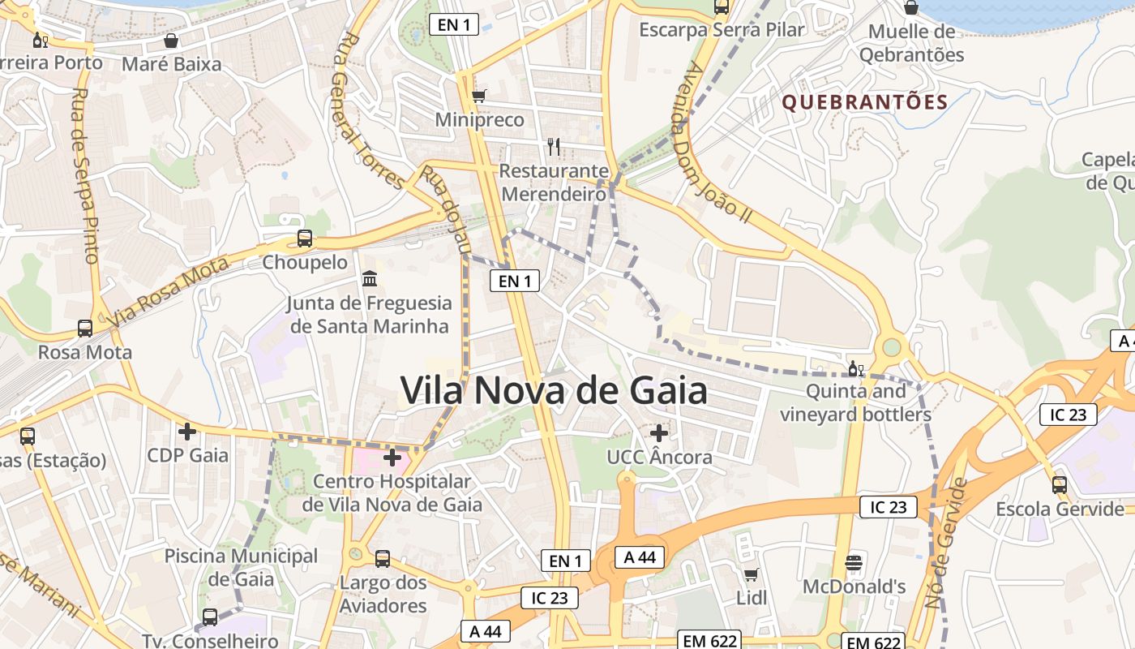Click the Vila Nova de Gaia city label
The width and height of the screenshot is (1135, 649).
click(x=554, y=391)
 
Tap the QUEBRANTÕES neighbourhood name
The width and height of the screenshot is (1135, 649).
click(x=864, y=102)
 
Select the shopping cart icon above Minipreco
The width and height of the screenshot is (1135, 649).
click(x=479, y=96)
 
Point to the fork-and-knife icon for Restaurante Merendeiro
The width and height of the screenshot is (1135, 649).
click(x=554, y=146)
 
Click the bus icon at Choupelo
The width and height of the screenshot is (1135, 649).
click(x=305, y=239)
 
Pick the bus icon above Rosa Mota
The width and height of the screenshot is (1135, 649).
click(x=85, y=329)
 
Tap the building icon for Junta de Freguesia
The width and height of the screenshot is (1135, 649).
click(x=370, y=279)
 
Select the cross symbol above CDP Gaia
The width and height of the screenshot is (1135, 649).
click(x=187, y=432)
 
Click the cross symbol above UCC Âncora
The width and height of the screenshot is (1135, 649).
click(x=659, y=433)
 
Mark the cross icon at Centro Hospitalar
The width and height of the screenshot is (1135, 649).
click(x=392, y=458)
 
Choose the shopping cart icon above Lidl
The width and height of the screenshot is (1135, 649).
click(x=751, y=574)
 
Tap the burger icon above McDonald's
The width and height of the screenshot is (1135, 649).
click(x=853, y=562)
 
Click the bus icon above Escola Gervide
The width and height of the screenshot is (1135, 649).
click(x=1059, y=485)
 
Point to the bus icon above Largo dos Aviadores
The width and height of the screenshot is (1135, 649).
click(x=383, y=559)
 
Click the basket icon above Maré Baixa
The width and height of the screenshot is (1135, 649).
click(x=171, y=41)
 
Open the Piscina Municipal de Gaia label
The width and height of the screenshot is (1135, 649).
click(x=241, y=568)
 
